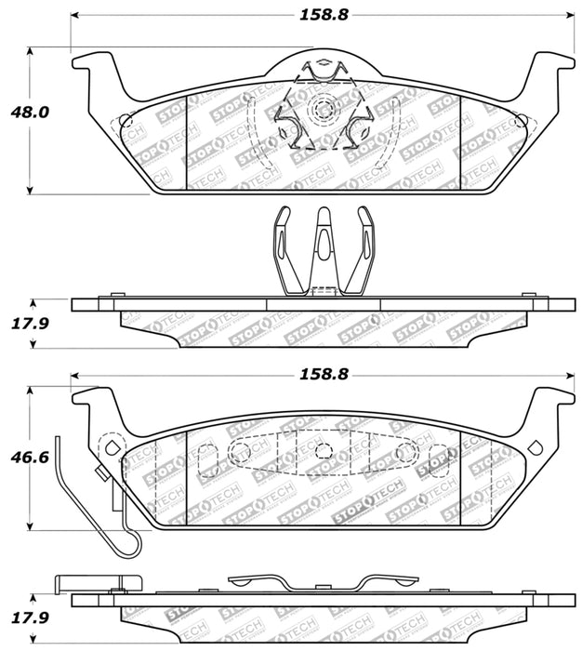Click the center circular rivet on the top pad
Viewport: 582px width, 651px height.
coord(323,110)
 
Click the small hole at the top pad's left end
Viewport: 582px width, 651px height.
coord(126,120)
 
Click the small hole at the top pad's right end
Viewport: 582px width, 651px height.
coord(520,120)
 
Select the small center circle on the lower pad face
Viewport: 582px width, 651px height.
coord(323,451)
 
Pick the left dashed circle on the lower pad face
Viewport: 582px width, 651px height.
coord(239,452)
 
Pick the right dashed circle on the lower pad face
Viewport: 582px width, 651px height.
coord(405,452)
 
